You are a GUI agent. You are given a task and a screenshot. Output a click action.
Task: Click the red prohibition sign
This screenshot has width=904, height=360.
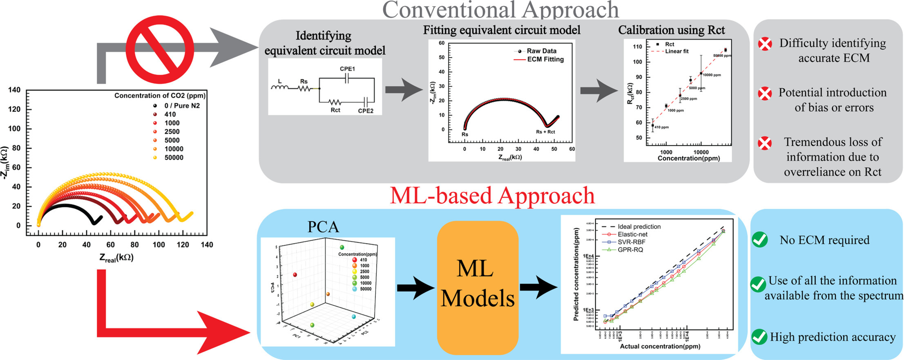click(159, 50)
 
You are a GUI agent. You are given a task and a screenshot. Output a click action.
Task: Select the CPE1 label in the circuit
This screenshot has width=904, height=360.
click(347, 69)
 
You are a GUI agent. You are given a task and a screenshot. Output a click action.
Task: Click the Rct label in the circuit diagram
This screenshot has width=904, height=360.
click(335, 110)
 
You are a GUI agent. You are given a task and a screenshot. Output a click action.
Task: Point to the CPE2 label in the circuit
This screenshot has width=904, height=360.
click(366, 110)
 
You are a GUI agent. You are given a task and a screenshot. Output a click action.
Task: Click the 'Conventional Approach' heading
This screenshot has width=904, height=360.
click(500, 10)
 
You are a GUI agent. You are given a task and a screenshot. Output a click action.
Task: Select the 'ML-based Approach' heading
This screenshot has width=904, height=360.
click(492, 196)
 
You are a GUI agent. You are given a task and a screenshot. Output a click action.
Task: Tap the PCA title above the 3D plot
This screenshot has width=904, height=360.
click(323, 227)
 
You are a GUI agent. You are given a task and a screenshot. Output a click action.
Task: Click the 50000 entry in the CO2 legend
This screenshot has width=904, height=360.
click(174, 158)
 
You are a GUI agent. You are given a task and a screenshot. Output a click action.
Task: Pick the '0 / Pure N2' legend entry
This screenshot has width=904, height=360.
click(182, 106)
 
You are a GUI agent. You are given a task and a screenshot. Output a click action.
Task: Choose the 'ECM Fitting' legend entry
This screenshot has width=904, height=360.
click(545, 60)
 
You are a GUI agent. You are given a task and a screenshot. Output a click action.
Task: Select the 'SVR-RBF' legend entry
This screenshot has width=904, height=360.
click(631, 242)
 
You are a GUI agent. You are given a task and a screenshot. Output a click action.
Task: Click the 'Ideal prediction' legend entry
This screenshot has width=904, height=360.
click(639, 227)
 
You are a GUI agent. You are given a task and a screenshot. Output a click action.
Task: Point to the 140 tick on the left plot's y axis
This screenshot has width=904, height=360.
click(14, 90)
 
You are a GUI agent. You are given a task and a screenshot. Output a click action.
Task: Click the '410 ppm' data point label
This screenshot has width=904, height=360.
click(662, 127)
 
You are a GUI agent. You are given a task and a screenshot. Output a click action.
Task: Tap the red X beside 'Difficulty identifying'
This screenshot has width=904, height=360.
click(765, 44)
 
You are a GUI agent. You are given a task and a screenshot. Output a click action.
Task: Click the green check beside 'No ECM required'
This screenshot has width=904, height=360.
click(760, 240)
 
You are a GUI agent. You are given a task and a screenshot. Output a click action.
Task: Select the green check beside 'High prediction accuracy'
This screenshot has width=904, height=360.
click(759, 337)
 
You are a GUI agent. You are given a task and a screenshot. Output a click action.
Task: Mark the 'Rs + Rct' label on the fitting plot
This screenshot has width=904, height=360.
click(545, 132)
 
